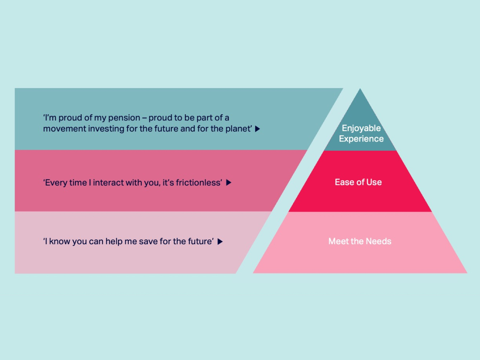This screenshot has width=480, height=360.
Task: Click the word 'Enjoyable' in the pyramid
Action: (x=361, y=129)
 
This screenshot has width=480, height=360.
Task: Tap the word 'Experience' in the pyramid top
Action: (x=361, y=139)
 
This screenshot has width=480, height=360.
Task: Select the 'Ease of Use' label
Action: (x=358, y=182)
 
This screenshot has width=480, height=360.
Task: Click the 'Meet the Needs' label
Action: (x=360, y=241)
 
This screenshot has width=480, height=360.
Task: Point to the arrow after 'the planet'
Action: (x=258, y=129)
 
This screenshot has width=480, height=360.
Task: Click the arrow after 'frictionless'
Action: (x=229, y=183)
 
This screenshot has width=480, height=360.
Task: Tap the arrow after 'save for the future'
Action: (x=220, y=241)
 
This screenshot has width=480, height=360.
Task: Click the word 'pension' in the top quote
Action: (x=124, y=118)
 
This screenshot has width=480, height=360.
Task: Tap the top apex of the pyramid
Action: (x=360, y=88)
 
